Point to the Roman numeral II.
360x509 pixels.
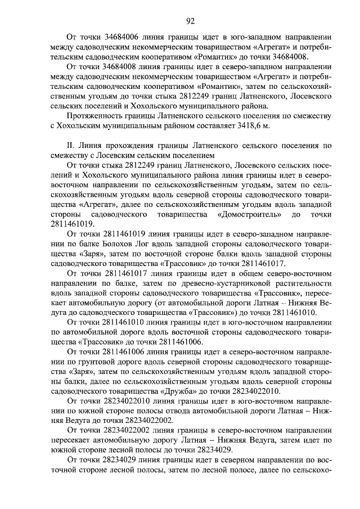(70, 145)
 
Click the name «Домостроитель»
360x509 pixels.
(242, 215)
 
